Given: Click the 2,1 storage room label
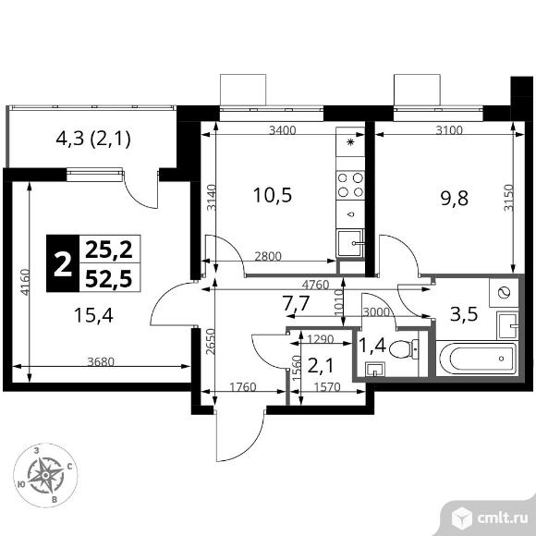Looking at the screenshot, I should [x=319, y=367].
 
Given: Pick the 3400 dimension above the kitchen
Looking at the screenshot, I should [x=282, y=130].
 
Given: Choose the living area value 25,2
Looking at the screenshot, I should [x=106, y=248].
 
